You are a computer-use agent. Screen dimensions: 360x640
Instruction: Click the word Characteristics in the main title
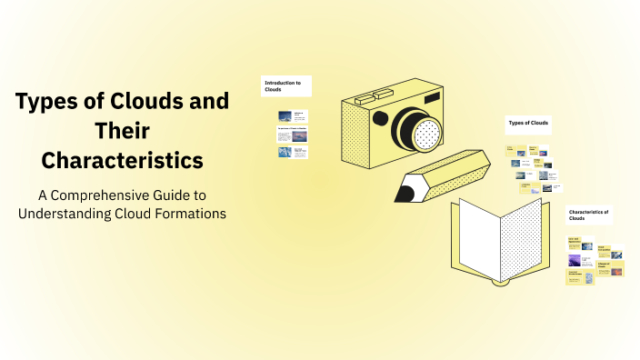pos(122,161)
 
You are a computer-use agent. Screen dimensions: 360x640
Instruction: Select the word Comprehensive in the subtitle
pos(115,194)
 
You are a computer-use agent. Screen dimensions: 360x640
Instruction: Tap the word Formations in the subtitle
pos(188,214)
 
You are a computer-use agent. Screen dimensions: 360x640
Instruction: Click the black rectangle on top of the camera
pos(430,97)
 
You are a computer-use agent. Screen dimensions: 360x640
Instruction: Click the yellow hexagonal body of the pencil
pos(450,172)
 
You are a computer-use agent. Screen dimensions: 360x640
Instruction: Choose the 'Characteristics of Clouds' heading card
pos(588,215)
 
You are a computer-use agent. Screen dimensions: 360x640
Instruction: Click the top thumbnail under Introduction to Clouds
pos(293,115)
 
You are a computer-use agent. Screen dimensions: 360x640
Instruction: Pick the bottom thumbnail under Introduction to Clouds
pos(293,153)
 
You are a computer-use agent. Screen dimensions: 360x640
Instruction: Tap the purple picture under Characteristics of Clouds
pos(575,260)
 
